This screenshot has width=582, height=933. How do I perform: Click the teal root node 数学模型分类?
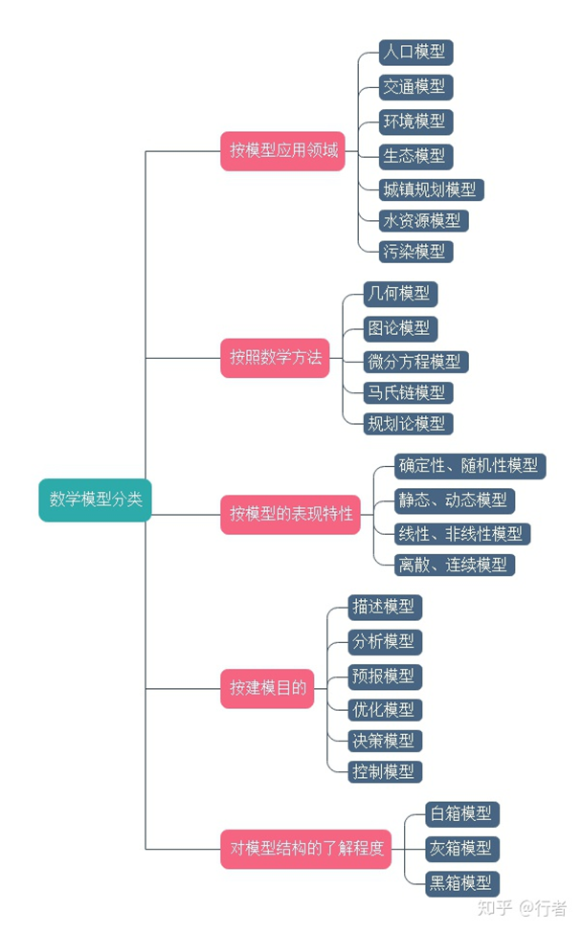pos(95,500)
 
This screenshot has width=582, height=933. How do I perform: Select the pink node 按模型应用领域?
pos(282,151)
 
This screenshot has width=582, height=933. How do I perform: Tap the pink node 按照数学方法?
pos(275,359)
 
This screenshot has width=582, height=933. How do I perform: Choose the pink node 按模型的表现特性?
pos(290,515)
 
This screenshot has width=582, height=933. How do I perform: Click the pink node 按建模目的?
pos(267,688)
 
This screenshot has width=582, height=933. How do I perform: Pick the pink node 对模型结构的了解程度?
pos(305,849)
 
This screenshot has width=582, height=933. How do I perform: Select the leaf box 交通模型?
pos(414,86)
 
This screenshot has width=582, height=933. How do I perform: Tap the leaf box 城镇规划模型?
pos(430,189)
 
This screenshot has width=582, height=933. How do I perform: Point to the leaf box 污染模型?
pos(414,252)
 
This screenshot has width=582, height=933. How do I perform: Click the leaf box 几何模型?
pos(399,294)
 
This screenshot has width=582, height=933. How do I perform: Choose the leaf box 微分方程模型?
pos(414,362)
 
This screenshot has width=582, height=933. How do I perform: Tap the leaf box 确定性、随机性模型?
pos(469,466)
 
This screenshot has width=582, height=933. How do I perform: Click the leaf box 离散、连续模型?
pos(454,565)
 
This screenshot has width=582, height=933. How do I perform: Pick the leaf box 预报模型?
pos(384,676)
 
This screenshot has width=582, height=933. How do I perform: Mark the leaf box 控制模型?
pos(384,771)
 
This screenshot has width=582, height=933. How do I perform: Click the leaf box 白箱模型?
pos(461,814)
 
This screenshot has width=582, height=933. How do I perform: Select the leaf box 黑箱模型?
pos(461,882)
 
